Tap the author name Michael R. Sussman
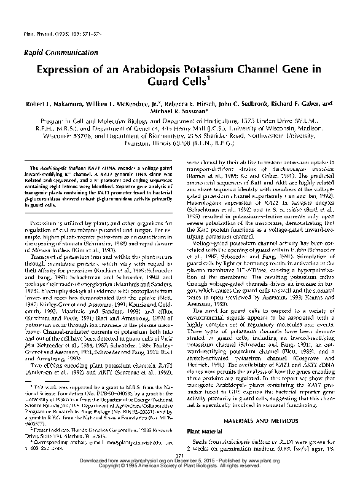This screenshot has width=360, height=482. (183, 112)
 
